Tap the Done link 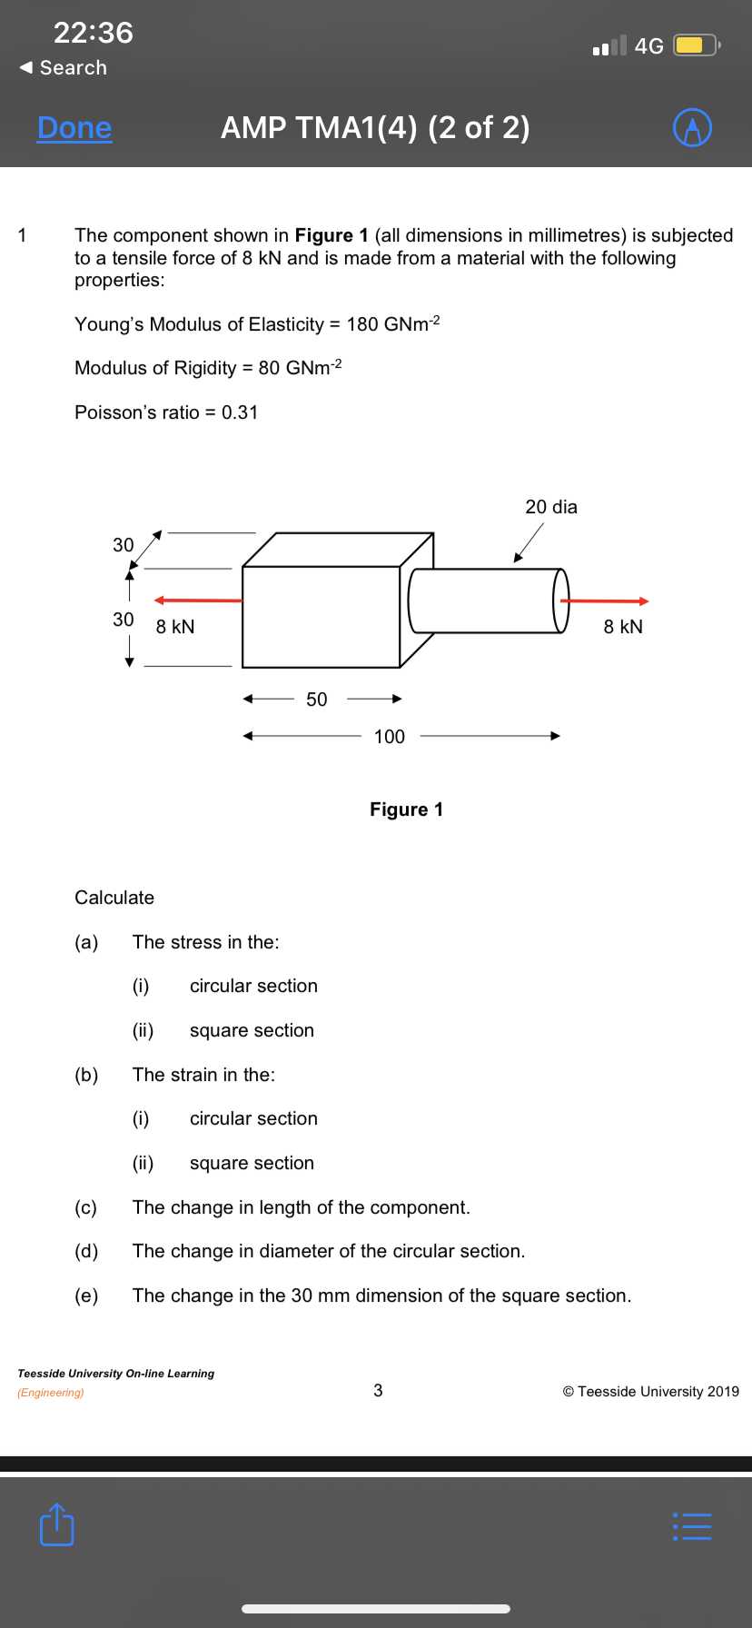(74, 128)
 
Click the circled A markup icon (692, 128)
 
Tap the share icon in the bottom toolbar (56, 1524)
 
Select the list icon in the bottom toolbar (692, 1525)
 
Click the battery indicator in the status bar (697, 45)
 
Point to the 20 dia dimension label (551, 507)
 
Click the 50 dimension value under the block (316, 700)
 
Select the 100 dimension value (390, 737)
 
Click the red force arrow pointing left (198, 601)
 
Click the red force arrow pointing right (605, 601)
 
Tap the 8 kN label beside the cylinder (623, 627)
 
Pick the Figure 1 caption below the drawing (406, 809)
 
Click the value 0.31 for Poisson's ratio (240, 412)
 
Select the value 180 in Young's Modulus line (362, 324)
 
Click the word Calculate (114, 898)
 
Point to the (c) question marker (85, 1207)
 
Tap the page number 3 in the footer (378, 1390)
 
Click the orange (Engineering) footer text (51, 1393)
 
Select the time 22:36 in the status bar (94, 33)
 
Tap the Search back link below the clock (64, 68)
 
